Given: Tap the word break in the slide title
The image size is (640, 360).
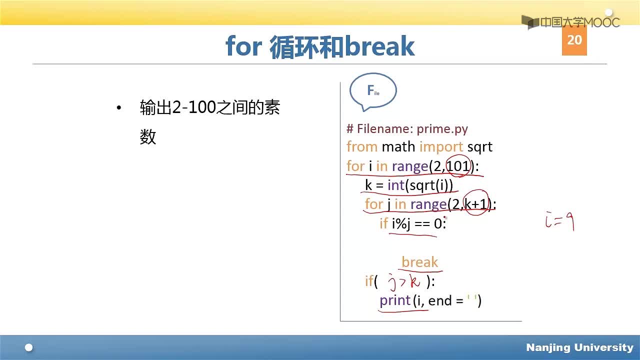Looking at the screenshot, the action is [x=379, y=45].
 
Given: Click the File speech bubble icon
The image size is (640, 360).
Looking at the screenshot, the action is [x=373, y=91].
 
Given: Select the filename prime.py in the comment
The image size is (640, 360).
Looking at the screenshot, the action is [x=442, y=129].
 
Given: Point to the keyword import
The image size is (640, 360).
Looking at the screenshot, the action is [x=441, y=147].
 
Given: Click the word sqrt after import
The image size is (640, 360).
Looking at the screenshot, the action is [x=479, y=147].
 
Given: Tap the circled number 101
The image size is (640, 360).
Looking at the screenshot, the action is [x=458, y=166].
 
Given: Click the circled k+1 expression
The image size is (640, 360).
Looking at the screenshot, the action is [x=476, y=203].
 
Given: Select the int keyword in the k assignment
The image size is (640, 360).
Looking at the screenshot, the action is [x=396, y=185].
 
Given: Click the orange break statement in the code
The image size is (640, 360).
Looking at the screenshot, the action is [x=419, y=262].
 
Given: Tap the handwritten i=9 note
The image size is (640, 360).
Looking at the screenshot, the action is [x=559, y=221].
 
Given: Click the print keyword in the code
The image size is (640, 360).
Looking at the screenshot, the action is [x=395, y=301].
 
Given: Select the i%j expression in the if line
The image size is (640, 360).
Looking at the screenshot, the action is [x=401, y=223].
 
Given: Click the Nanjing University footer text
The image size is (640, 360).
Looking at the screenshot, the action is [x=579, y=347].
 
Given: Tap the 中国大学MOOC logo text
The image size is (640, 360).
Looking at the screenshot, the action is [x=580, y=22].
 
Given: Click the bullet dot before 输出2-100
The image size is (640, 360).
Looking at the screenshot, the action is [x=119, y=107].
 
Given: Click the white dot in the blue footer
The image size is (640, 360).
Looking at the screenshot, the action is [x=29, y=347].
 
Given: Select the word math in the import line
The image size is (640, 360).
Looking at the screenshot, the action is [x=398, y=147].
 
